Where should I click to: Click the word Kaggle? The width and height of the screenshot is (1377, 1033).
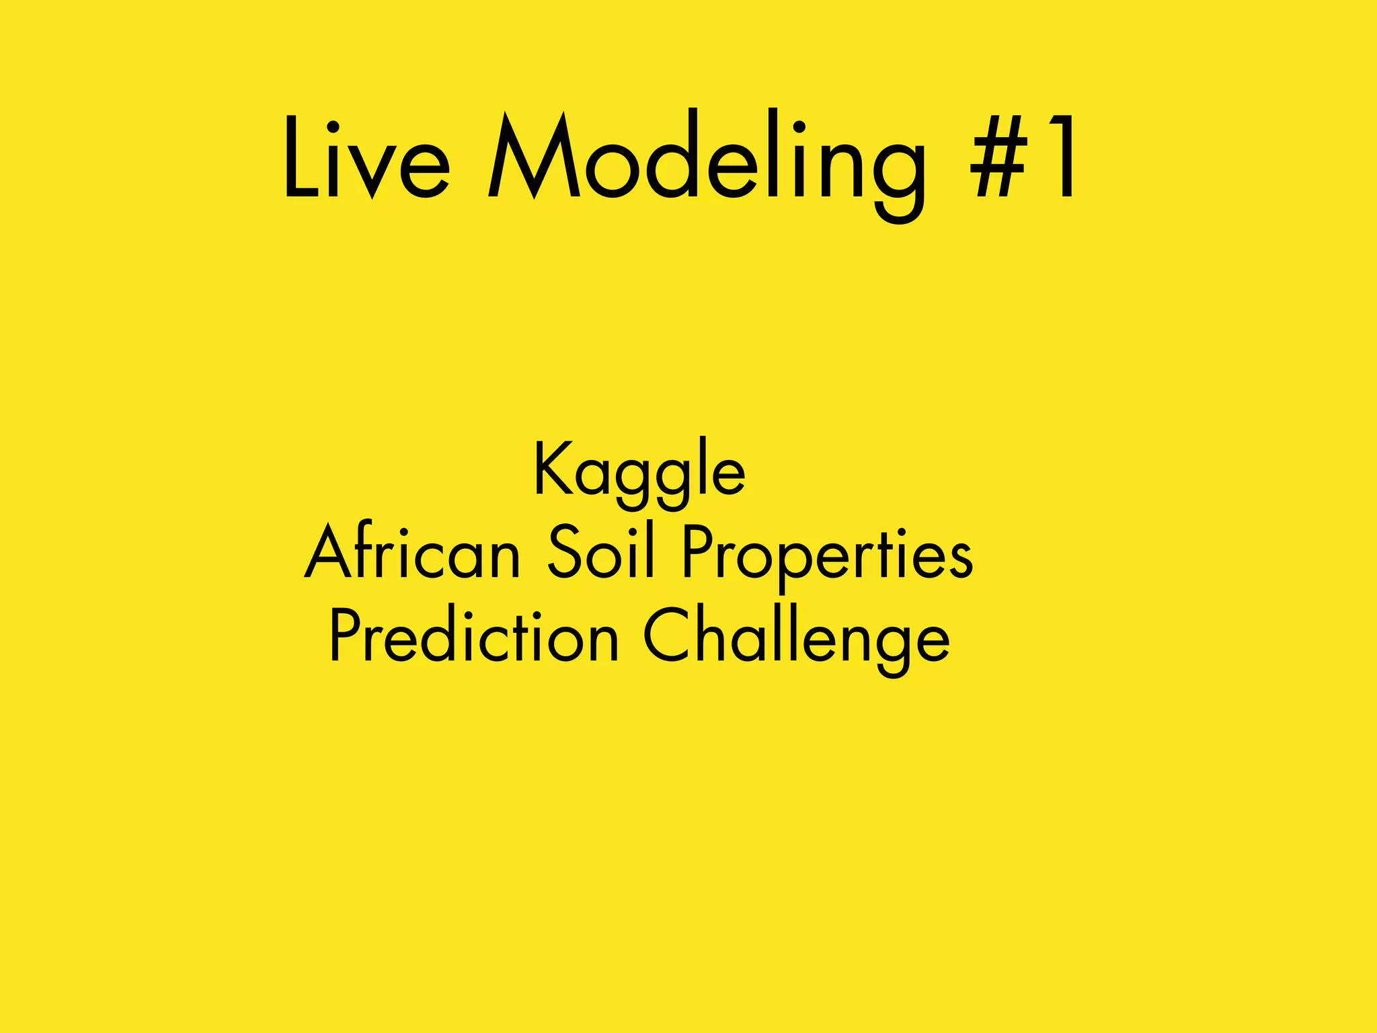point(639,471)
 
